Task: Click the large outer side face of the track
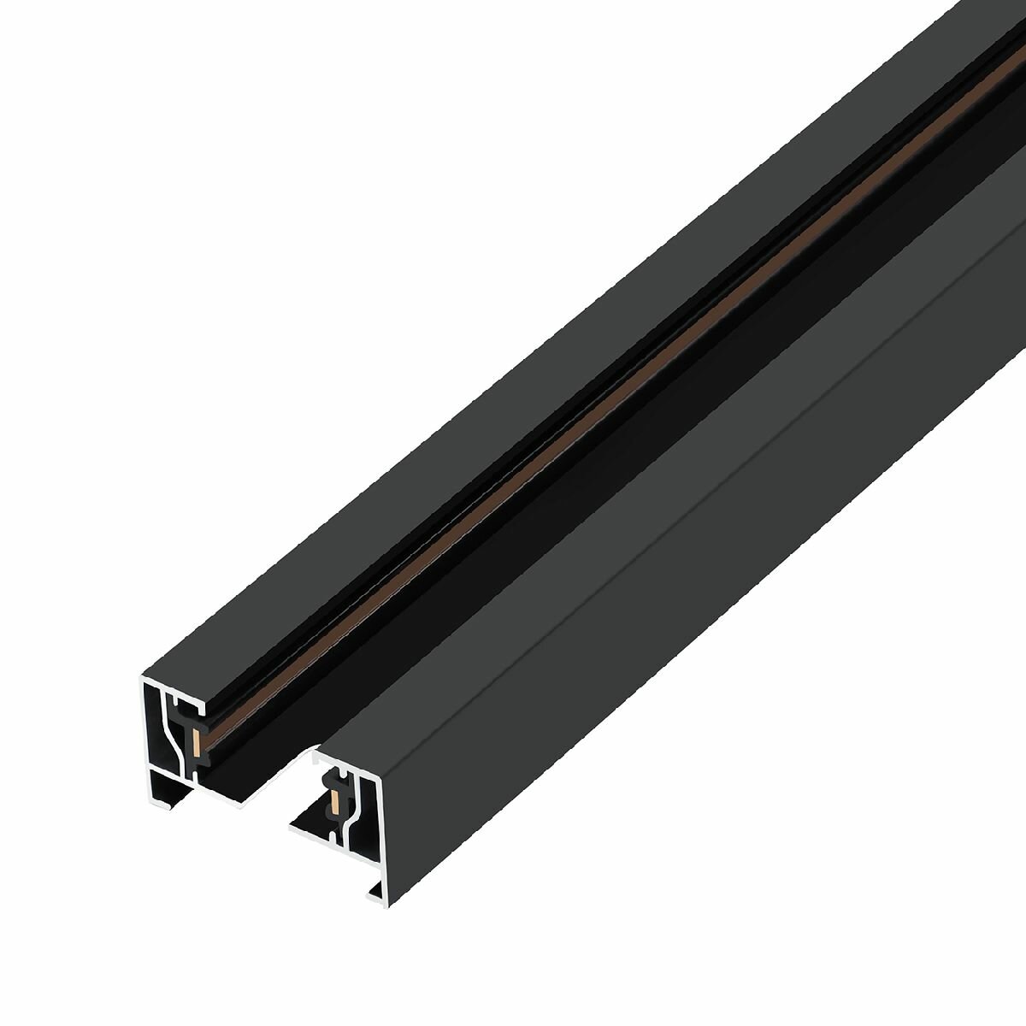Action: coord(684,556)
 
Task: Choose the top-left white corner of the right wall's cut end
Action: coord(317,757)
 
